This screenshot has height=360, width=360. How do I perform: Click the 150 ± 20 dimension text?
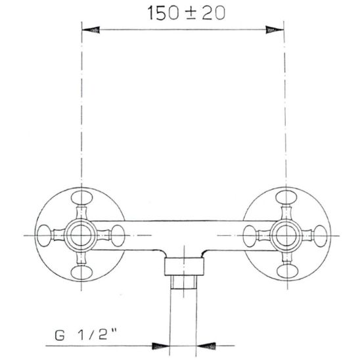(x=186, y=13)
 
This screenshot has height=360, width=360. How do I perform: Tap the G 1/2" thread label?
(x=85, y=335)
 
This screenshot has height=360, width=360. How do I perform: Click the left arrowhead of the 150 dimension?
(x=91, y=30)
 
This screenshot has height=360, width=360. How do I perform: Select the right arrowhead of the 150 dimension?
(x=275, y=30)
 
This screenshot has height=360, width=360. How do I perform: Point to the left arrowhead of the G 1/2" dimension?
(x=160, y=346)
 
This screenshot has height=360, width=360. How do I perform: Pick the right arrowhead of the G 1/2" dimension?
(x=206, y=346)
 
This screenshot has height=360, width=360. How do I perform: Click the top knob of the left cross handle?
(x=81, y=198)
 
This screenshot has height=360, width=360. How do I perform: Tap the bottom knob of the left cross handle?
(x=81, y=273)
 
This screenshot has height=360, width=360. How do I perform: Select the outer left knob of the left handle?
(x=44, y=236)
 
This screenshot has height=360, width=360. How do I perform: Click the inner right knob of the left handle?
(x=118, y=236)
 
